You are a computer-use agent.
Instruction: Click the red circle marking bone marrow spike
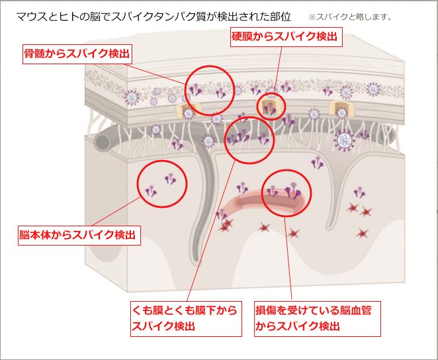point(210,89)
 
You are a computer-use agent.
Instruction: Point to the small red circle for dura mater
point(271,106)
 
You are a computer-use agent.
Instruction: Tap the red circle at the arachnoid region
point(249,139)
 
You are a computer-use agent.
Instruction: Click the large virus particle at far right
point(344,140)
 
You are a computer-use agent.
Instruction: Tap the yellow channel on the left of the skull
point(187,109)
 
